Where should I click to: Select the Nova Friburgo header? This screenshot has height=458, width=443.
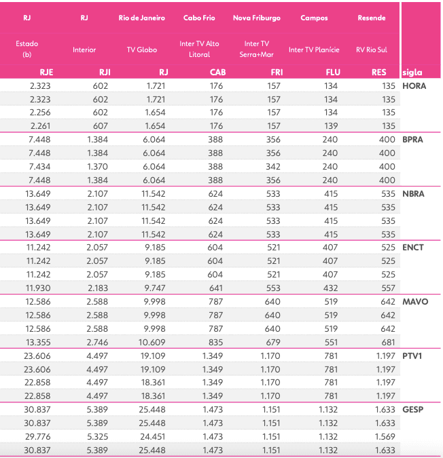(x=256, y=18)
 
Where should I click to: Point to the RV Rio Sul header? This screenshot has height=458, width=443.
(x=371, y=50)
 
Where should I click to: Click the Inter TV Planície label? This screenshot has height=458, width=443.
(x=314, y=50)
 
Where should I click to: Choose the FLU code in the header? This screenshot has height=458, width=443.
(x=333, y=72)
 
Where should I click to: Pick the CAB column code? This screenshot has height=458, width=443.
(x=217, y=72)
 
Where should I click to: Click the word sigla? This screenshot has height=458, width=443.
(x=412, y=72)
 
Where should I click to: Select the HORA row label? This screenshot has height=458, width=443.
(x=414, y=86)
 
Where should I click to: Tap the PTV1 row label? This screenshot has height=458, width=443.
(x=413, y=356)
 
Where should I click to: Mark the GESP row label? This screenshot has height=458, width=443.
(x=413, y=409)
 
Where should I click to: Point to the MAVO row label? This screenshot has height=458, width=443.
(x=414, y=301)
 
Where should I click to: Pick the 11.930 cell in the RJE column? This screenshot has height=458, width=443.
(x=39, y=288)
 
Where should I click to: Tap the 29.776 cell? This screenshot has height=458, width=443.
(x=39, y=436)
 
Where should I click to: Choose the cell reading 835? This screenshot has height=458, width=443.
(x=215, y=341)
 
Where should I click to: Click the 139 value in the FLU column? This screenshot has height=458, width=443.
(x=331, y=126)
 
